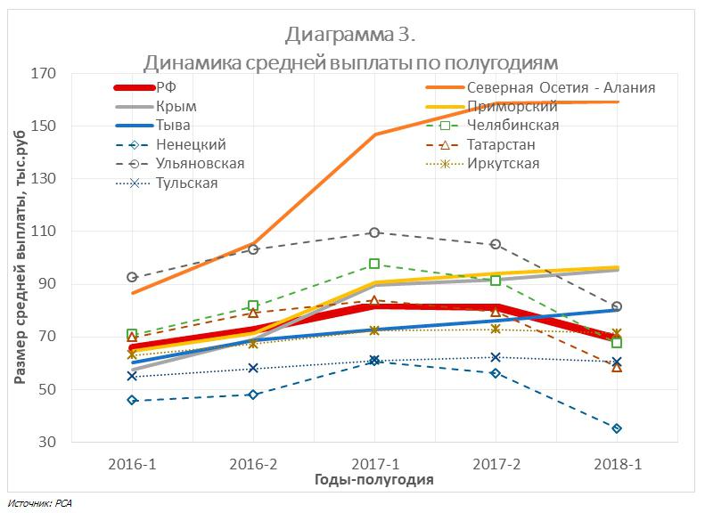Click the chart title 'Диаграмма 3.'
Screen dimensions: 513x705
point(351,35)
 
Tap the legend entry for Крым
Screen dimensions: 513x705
point(176,106)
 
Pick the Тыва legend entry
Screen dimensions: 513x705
point(172,126)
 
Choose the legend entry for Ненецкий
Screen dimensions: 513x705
point(190,144)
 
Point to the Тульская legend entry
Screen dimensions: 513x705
point(186,183)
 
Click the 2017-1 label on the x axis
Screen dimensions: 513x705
point(374,464)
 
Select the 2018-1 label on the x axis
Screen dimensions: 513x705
point(617,464)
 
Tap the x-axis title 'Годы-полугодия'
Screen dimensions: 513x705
point(374,480)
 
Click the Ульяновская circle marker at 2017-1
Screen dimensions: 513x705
point(374,232)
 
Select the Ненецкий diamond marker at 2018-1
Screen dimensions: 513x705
point(617,428)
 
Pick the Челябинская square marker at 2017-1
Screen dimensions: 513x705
point(374,264)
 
